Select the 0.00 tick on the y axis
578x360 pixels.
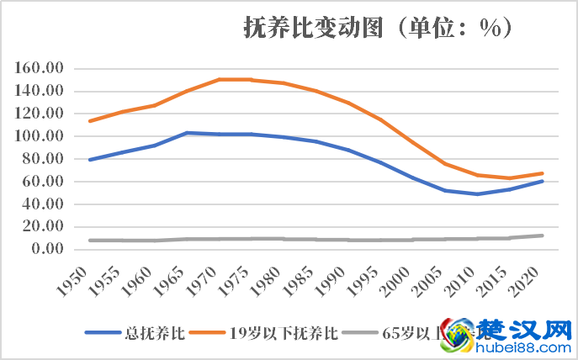[x=48, y=249]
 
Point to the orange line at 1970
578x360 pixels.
[x=219, y=80]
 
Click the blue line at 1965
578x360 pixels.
[x=186, y=133]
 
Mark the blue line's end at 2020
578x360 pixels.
[x=543, y=181]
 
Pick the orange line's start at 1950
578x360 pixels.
[x=89, y=121]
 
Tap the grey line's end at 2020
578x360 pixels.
[x=543, y=236]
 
